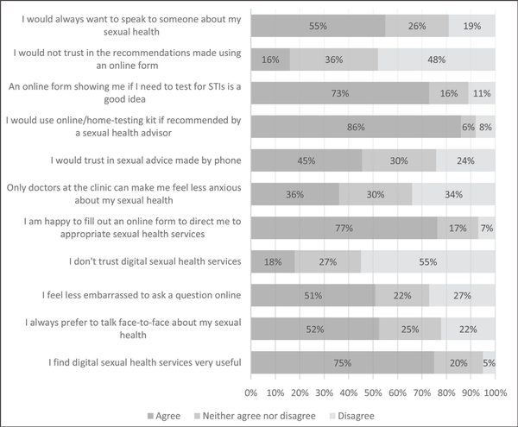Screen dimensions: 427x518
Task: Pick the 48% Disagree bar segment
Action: pyautogui.click(x=437, y=60)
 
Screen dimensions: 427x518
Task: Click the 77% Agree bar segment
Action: pyautogui.click(x=344, y=228)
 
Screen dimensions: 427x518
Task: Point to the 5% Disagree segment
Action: pyautogui.click(x=490, y=363)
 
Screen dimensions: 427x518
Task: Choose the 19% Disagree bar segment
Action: pyautogui.click(x=472, y=26)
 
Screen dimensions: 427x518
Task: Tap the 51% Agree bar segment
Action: pyautogui.click(x=313, y=296)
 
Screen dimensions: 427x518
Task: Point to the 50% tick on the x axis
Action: pyautogui.click(x=373, y=392)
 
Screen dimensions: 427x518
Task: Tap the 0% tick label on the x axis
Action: pyautogui.click(x=251, y=392)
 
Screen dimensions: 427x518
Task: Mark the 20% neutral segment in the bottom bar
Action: pyautogui.click(x=458, y=363)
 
